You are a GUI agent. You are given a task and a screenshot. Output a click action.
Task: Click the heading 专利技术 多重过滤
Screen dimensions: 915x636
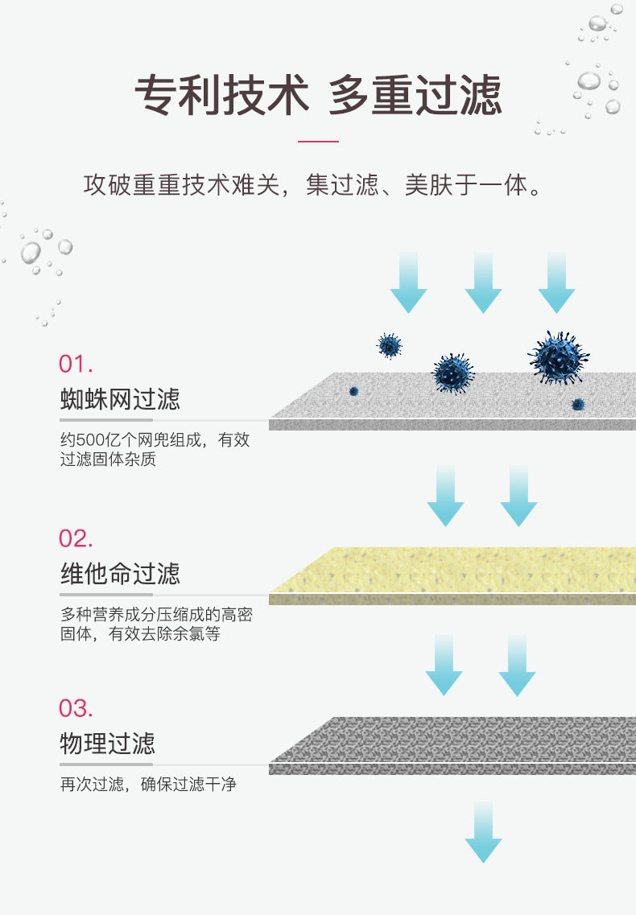[x=318, y=96]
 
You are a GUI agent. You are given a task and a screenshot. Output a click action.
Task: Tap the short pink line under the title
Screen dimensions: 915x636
[x=318, y=142]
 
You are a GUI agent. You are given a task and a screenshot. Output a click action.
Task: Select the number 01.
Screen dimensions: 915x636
[x=76, y=364]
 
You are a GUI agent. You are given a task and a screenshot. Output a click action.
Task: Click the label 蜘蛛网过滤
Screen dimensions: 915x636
[x=120, y=399]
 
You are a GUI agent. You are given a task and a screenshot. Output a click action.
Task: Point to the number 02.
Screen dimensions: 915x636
[x=76, y=538]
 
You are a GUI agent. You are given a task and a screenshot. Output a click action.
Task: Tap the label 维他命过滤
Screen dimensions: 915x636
[x=120, y=574]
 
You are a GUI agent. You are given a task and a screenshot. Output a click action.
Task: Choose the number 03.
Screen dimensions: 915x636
[x=76, y=708]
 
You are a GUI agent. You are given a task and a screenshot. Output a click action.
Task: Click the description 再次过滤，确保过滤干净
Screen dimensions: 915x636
[x=148, y=785]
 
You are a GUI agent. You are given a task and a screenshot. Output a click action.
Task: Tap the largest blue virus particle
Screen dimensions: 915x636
[x=560, y=357]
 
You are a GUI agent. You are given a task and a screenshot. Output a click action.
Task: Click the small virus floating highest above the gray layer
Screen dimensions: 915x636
[x=390, y=346]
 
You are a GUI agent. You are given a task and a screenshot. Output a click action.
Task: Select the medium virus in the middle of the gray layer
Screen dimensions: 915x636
[x=454, y=373]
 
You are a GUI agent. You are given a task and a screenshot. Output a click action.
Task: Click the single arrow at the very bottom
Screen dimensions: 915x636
[x=483, y=833]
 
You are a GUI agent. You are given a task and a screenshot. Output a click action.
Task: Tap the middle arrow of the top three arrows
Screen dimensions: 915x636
[x=483, y=282]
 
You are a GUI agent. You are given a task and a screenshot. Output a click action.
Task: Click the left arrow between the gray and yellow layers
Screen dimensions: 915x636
[x=445, y=496]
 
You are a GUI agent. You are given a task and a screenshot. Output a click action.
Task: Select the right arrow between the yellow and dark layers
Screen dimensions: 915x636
[x=517, y=665]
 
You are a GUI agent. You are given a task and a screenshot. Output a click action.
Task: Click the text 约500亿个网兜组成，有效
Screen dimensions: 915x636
[x=155, y=441]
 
